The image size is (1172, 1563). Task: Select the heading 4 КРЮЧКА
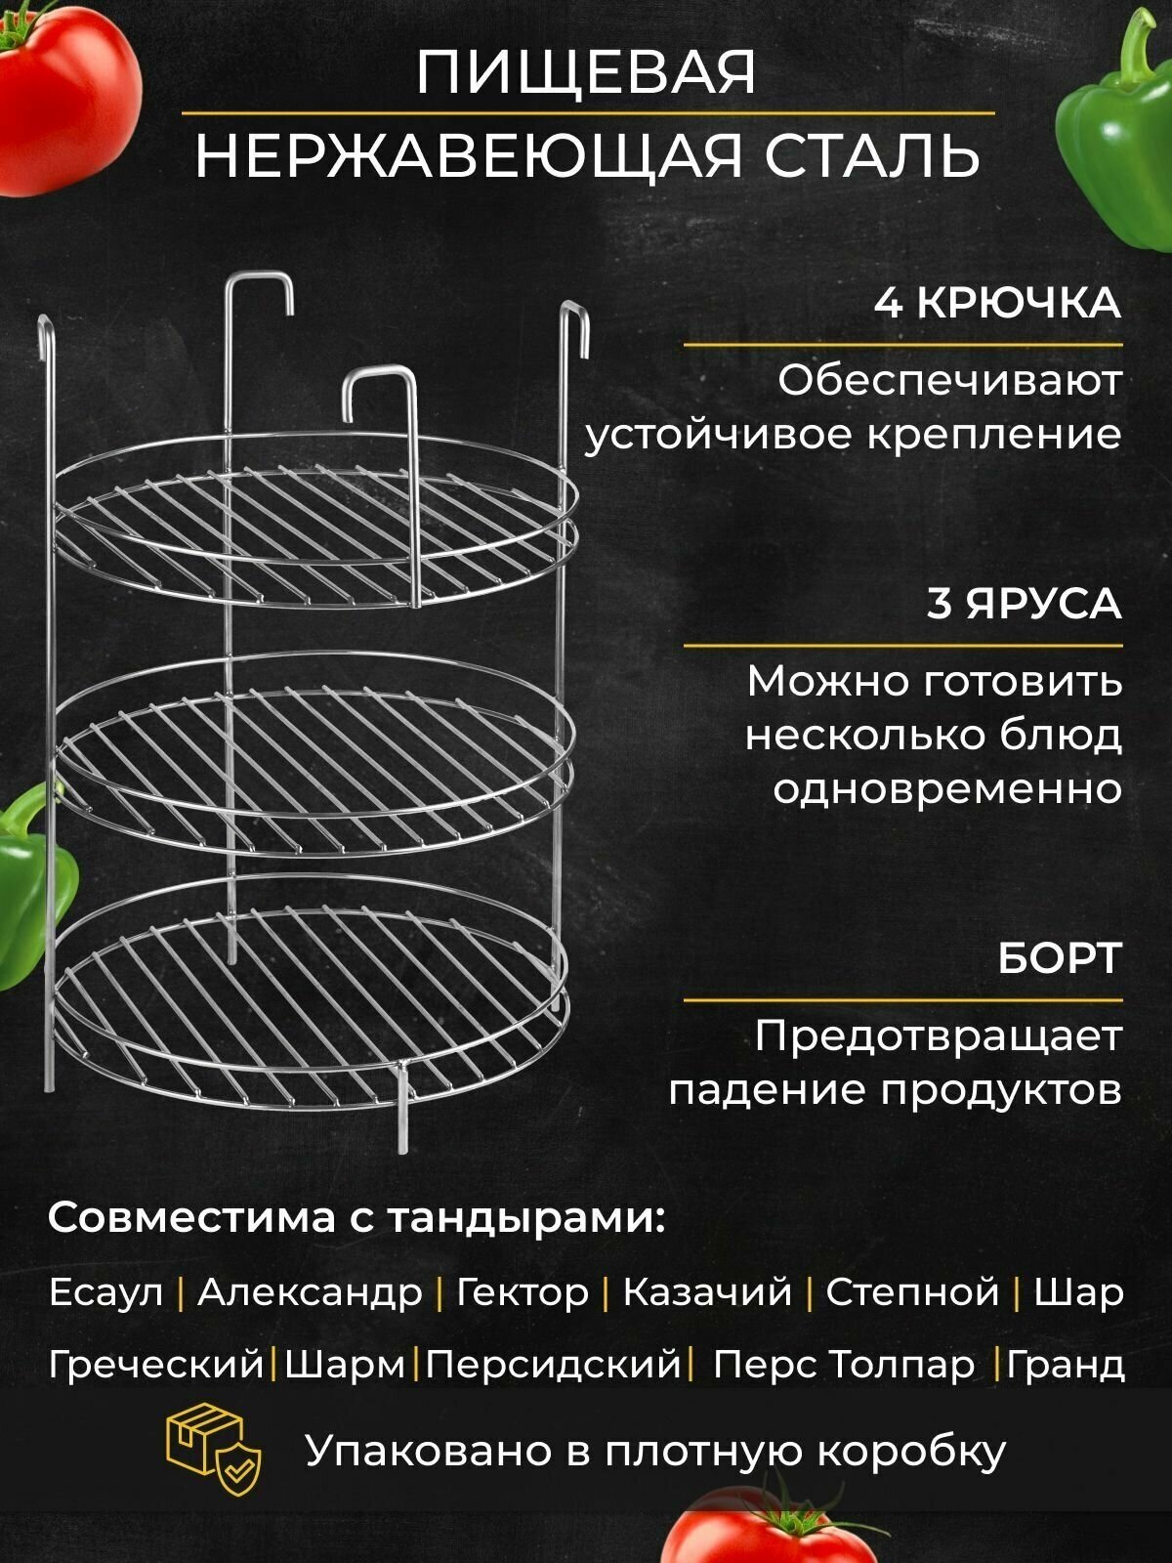click(996, 303)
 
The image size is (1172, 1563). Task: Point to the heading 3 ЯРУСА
click(1024, 604)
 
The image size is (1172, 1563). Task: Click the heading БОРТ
click(1059, 958)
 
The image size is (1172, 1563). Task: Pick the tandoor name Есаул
click(105, 1292)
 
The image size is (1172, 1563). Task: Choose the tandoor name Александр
click(310, 1292)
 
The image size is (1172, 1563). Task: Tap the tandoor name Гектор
click(523, 1292)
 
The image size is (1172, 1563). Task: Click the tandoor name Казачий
click(707, 1292)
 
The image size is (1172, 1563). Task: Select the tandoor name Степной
click(912, 1292)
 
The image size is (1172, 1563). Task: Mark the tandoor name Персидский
click(553, 1364)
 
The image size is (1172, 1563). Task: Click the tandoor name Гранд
click(1066, 1364)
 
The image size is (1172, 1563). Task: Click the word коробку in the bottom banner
click(910, 1452)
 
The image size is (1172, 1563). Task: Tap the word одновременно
click(947, 787)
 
